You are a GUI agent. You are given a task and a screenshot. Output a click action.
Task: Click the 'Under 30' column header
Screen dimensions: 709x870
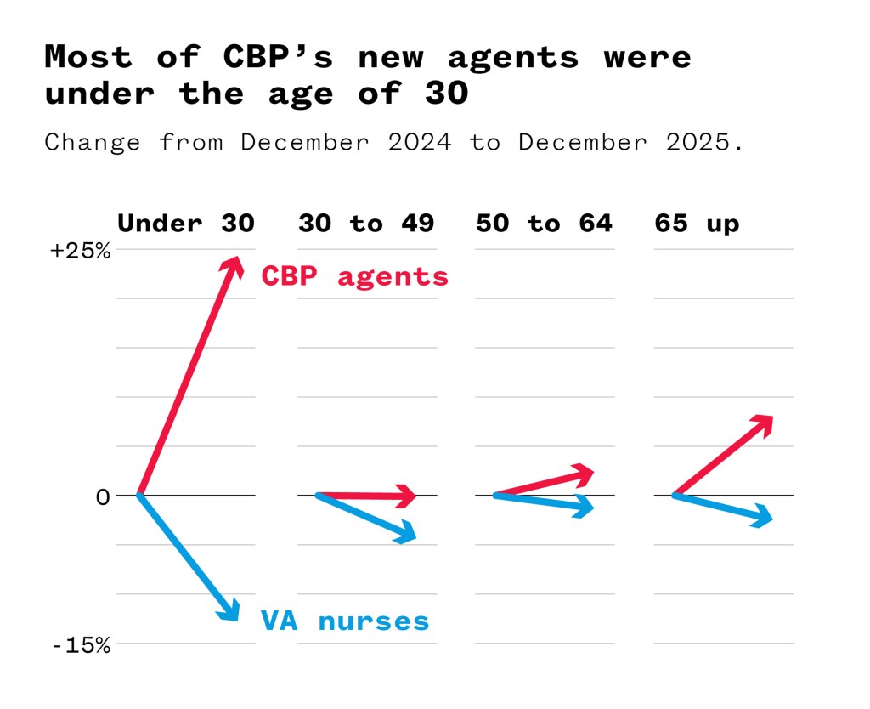pos(185,224)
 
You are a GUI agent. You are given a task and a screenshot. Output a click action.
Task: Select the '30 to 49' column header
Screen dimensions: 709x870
pos(366,224)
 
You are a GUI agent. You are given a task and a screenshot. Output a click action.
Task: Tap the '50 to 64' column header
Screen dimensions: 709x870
pos(544,224)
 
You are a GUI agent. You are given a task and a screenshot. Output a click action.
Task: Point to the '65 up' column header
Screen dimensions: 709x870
pos(697,224)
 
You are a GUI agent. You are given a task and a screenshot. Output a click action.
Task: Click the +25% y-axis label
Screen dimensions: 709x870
pos(80,252)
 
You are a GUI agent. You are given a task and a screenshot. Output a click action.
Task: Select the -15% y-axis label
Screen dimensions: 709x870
pos(82,645)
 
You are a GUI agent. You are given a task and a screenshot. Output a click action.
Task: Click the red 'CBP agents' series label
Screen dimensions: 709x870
pos(354,276)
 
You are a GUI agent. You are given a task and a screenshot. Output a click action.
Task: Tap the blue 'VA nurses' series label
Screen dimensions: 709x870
pos(345,621)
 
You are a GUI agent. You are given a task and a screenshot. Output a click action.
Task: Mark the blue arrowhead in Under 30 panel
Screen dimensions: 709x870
pos(229,610)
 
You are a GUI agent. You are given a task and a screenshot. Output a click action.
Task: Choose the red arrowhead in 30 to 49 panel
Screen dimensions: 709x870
pos(406,496)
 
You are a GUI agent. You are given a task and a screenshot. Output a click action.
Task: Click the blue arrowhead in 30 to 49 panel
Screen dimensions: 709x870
pos(405,533)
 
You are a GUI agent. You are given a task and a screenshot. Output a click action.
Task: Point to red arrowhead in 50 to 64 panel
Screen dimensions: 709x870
pos(583,474)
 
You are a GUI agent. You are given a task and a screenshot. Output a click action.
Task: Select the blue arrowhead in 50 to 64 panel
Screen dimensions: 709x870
pos(583,508)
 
